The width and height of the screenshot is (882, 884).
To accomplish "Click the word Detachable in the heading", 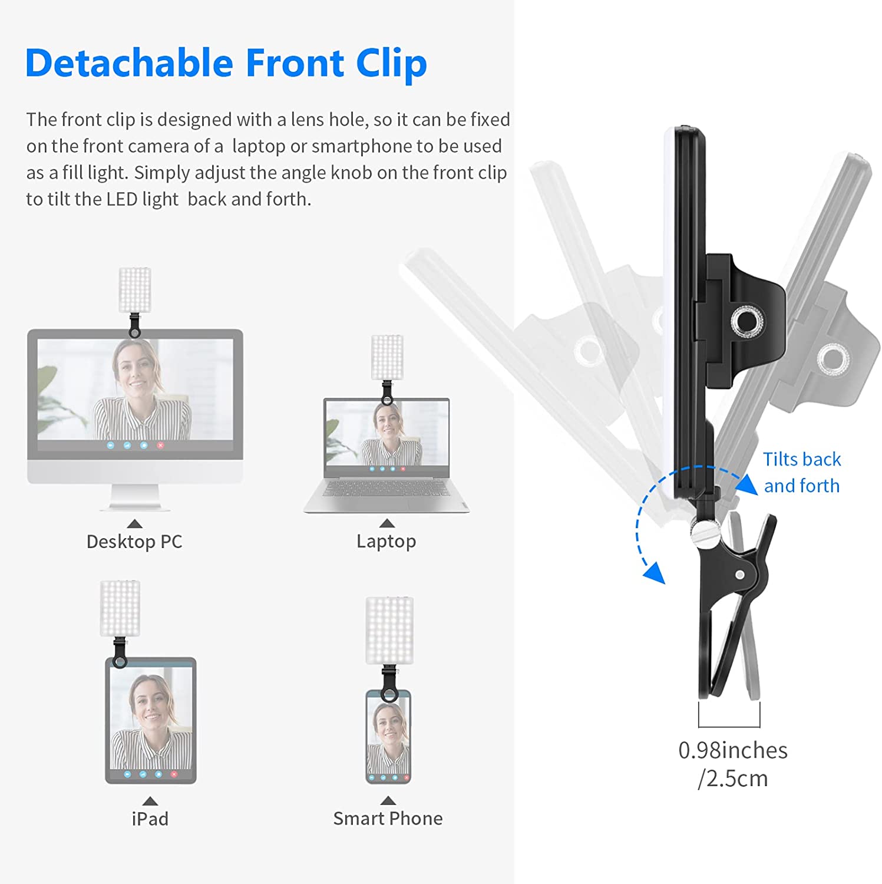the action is (x=130, y=62).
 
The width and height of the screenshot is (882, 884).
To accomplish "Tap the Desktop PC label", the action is (x=134, y=541).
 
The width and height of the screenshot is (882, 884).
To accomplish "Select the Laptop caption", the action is (x=386, y=541).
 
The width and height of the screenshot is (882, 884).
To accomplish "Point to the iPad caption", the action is (x=150, y=819).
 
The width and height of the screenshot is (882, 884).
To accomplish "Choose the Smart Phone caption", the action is (x=388, y=818).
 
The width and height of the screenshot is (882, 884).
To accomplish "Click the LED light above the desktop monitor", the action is (x=135, y=289).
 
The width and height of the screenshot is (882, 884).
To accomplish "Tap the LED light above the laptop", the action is (x=387, y=357).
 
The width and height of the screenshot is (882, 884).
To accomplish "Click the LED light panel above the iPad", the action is (x=120, y=608).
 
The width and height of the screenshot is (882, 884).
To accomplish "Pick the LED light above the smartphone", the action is (x=389, y=631).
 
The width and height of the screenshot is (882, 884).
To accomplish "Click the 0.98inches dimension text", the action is (x=733, y=750).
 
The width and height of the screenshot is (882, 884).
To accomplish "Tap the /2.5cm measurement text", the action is (x=733, y=779).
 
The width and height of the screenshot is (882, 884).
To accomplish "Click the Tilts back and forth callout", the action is (x=802, y=472).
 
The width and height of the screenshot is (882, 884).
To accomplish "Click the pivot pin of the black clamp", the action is (x=740, y=574).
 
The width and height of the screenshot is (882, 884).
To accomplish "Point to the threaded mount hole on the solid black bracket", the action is (x=746, y=321).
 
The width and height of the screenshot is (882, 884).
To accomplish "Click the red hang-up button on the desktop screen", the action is (x=160, y=446).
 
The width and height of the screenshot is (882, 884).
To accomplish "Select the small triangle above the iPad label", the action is (x=150, y=801).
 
